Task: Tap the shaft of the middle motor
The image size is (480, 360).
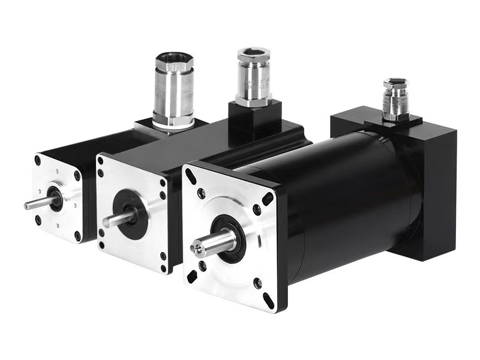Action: [117, 219]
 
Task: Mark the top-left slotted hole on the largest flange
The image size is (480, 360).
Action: [191, 176]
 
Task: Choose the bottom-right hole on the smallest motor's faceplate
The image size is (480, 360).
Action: [77, 235]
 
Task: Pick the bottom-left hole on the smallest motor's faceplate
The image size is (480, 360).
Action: [38, 220]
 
